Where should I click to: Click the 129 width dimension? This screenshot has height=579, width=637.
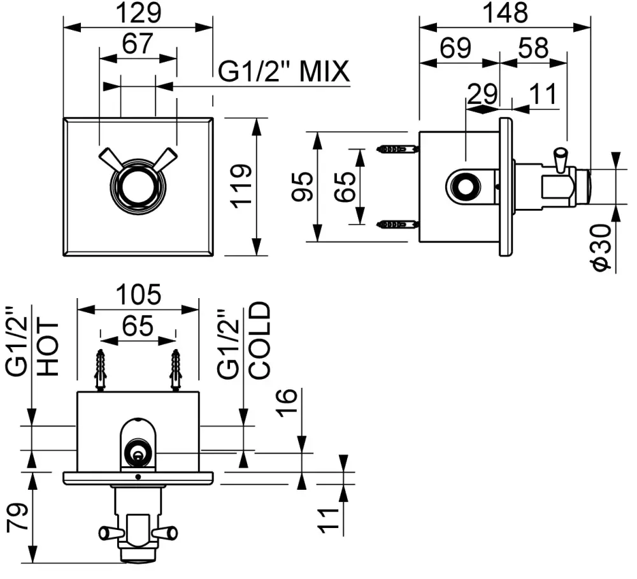coord(139,12)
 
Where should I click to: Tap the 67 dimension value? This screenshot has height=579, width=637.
coord(138,44)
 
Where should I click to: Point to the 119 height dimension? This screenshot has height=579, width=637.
coord(240,185)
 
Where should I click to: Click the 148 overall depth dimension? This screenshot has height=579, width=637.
coord(505,12)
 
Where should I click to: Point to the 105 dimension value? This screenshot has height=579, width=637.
coord(138,295)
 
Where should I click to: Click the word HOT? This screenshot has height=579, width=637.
coord(48,347)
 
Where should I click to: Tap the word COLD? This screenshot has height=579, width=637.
coord(259,341)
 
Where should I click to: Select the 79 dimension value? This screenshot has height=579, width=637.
coord(18,517)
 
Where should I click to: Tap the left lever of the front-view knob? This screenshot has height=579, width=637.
coord(110,158)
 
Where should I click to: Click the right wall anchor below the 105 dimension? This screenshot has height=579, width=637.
coord(176,371)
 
